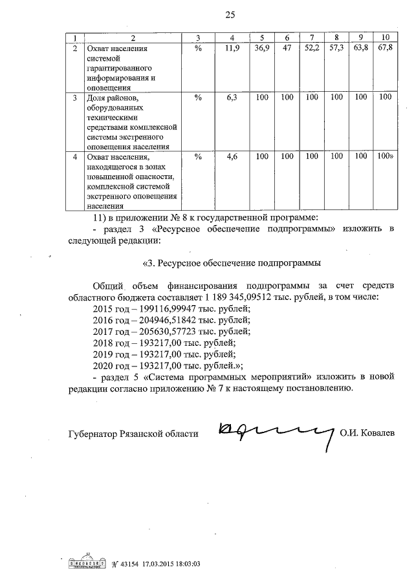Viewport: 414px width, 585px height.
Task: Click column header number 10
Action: click(386, 37)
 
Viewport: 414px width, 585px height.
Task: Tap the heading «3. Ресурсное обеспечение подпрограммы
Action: click(231, 263)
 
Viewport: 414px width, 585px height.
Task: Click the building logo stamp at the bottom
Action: click(87, 562)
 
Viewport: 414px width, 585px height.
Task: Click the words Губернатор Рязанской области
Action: click(133, 434)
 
